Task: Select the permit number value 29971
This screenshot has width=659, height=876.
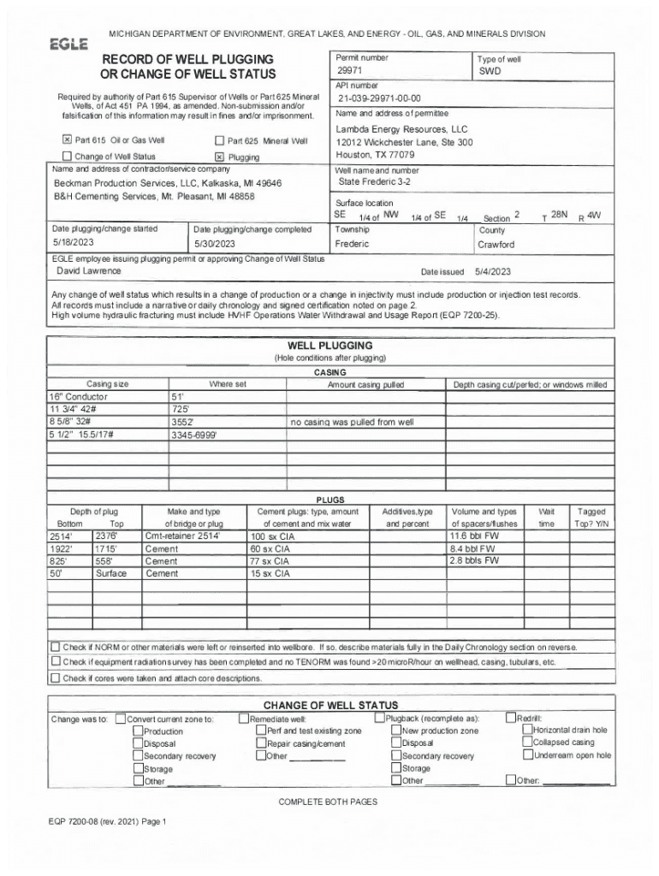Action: click(x=349, y=71)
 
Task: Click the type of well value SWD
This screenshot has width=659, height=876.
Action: click(x=490, y=72)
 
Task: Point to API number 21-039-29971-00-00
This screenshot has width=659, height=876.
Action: click(x=378, y=98)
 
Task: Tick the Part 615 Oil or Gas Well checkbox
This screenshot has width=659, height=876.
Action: click(x=67, y=140)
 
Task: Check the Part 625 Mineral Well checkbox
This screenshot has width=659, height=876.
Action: click(x=219, y=140)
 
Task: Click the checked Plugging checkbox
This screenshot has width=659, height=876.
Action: click(x=219, y=157)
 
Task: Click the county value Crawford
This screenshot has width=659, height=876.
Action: click(x=496, y=245)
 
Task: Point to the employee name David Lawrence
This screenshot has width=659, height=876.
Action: click(x=89, y=270)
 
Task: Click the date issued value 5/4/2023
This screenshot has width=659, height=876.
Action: click(x=493, y=271)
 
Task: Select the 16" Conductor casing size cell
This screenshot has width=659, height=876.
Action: click(x=79, y=397)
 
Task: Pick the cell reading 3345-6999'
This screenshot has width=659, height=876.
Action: click(x=195, y=435)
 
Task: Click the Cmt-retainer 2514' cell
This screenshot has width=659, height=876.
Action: click(x=183, y=536)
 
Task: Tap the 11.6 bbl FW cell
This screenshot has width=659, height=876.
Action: click(x=473, y=536)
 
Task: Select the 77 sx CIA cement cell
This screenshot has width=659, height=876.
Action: click(x=270, y=561)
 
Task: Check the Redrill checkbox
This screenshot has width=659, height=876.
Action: click(x=511, y=719)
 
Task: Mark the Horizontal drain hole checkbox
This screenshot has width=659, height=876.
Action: click(x=527, y=731)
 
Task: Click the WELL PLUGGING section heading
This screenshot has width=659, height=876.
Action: click(x=329, y=346)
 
